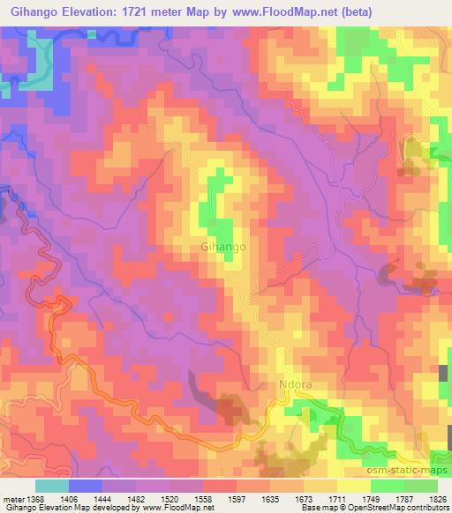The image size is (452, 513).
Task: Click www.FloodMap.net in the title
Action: pyautogui.click(x=284, y=11)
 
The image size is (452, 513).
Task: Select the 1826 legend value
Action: pyautogui.click(x=439, y=498)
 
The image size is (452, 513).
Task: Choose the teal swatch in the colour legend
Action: pyautogui.click(x=52, y=486)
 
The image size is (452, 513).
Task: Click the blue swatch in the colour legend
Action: pyautogui.click(x=86, y=486)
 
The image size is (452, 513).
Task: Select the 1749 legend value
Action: pyautogui.click(x=372, y=498)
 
